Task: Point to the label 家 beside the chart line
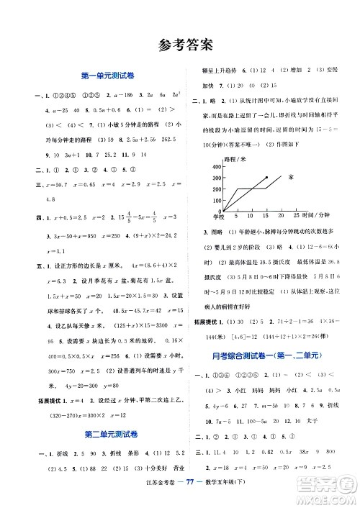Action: point(290,176)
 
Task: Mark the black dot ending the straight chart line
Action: point(266,176)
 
